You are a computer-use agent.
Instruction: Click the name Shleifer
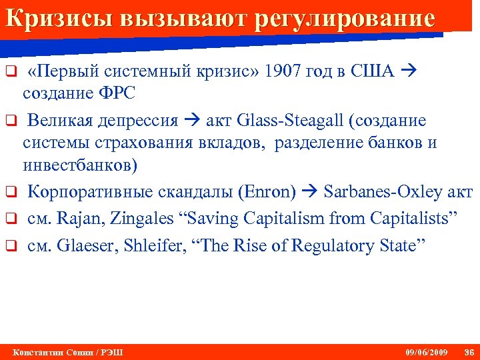pos(151,245)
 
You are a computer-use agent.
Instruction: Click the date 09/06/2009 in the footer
pos(427,352)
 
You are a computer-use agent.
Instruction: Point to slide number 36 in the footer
pos(468,352)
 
